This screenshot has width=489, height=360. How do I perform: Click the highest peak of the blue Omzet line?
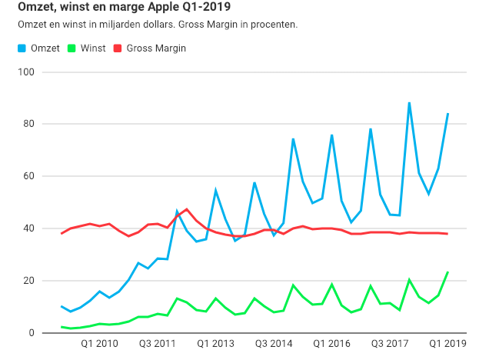[409, 102]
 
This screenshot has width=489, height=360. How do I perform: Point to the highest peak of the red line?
[186, 209]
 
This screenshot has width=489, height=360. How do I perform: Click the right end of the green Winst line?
[448, 272]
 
